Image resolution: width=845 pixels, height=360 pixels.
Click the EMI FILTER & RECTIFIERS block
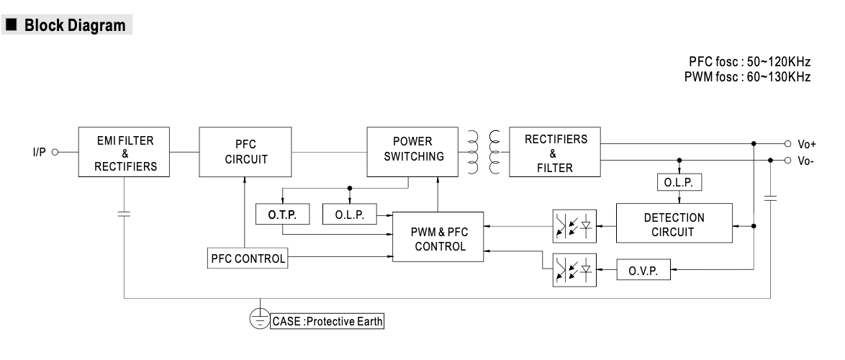(125, 152)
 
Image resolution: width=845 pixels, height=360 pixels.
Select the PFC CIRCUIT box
(245, 152)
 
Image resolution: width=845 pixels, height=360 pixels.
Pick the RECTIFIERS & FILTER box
(555, 152)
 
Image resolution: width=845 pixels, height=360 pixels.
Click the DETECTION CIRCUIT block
(674, 225)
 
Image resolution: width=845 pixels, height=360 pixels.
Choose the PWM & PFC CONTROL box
(438, 238)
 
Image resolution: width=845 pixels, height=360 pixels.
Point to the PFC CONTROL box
(248, 257)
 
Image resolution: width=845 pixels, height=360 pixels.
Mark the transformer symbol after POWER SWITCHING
(484, 152)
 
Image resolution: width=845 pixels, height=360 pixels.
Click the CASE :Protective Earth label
(327, 320)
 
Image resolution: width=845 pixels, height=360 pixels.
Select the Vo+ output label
(807, 144)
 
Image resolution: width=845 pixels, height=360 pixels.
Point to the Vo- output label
(805, 161)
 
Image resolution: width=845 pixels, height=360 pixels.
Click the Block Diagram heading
(74, 27)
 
